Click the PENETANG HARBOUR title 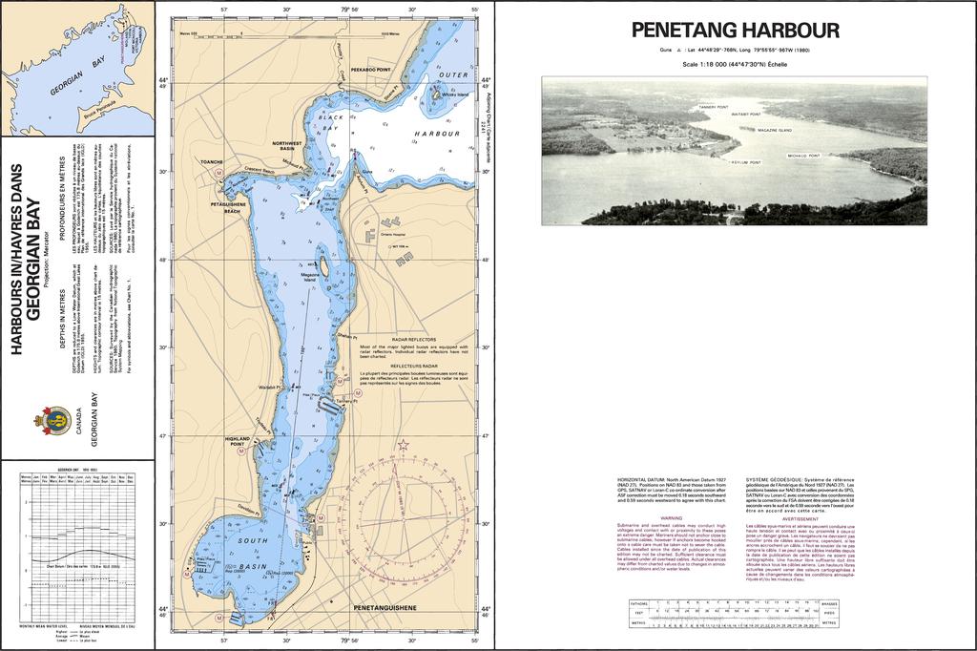pos(736,31)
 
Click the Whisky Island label pos(455,95)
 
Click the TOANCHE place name pos(211,162)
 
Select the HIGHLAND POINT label pos(237,441)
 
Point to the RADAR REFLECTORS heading pos(414,339)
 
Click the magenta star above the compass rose pos(403,444)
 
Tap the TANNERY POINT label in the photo pos(714,107)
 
